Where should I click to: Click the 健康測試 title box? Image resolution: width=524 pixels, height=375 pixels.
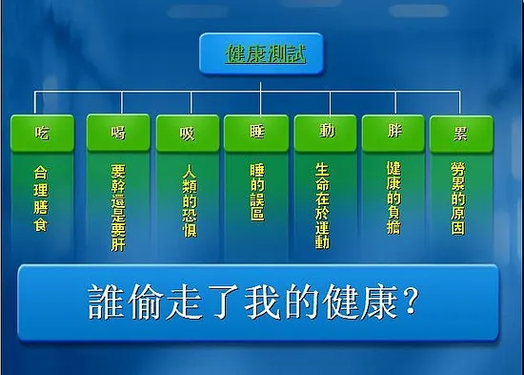point(260,53)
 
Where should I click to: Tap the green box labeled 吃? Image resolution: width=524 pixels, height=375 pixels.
point(41,132)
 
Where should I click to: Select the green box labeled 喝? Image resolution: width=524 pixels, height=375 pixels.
point(118,132)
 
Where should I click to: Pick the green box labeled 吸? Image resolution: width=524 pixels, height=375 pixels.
point(187,132)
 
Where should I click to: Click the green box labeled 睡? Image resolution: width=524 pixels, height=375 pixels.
point(256,132)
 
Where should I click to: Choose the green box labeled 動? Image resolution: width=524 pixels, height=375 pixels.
point(326,132)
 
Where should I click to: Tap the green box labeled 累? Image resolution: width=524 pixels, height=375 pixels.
point(461,132)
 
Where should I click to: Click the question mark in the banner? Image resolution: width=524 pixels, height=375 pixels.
point(411,303)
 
